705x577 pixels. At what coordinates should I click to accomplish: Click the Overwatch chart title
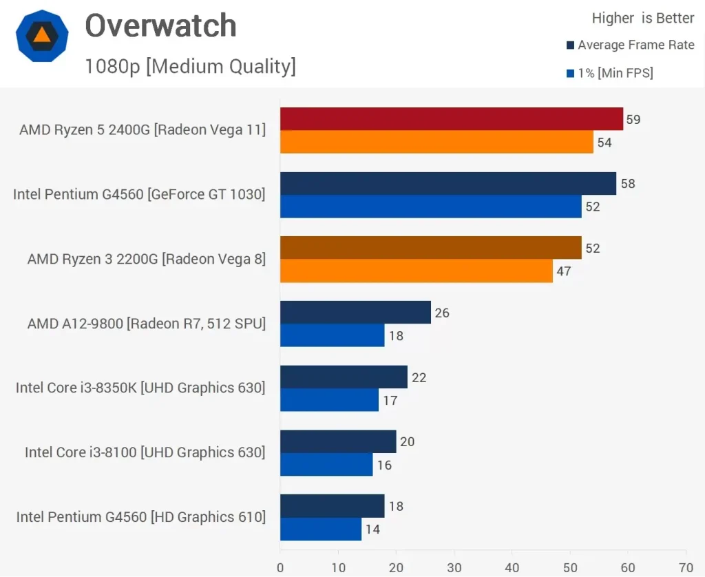coord(160,26)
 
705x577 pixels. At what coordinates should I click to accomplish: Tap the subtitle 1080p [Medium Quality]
coord(190,66)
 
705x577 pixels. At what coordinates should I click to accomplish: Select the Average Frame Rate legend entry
coord(630,45)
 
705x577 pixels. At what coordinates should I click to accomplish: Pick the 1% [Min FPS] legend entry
coord(609,73)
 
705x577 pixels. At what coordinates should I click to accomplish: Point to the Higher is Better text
coord(643,18)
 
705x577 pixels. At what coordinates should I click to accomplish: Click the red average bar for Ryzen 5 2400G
coord(451,119)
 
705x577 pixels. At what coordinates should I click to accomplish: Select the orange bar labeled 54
coord(436,143)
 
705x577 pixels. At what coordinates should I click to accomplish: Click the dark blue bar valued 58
coord(448,184)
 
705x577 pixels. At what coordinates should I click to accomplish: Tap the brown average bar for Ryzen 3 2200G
coord(430,248)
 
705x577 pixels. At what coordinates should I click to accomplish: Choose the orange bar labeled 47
coord(416,271)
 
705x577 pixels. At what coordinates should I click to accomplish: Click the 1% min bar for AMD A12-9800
coord(332,336)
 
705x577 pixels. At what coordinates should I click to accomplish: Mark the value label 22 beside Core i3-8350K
coord(419,377)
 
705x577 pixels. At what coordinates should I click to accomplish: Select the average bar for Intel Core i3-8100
coord(338,441)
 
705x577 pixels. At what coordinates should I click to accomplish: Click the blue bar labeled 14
coord(320,529)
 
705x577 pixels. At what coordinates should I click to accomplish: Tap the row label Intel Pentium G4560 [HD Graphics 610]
coord(140,517)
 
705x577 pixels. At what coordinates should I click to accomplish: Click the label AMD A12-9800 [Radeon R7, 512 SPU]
coord(146,324)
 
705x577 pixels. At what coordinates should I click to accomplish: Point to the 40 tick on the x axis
coord(512,568)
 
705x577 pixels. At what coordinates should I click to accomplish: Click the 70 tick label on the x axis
coord(686,568)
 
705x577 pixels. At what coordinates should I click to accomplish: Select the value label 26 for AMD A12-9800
coord(442,313)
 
